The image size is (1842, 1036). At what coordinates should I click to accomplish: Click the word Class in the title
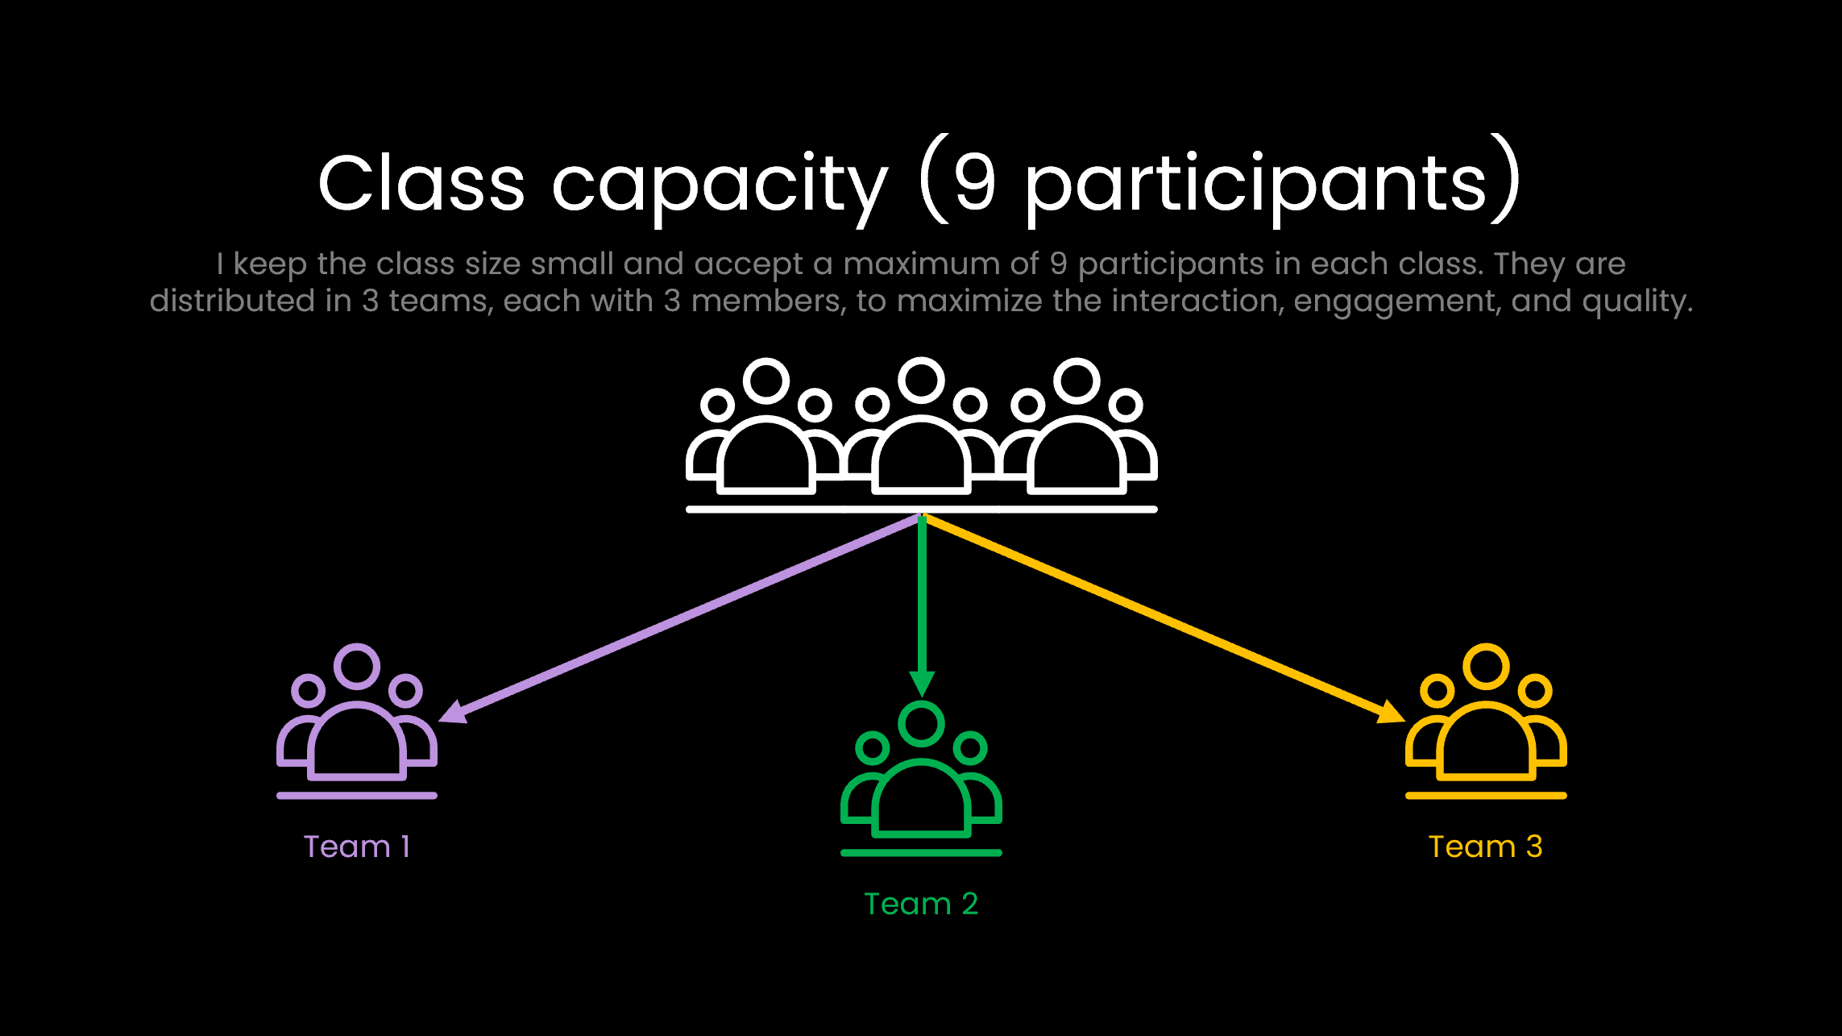(x=421, y=184)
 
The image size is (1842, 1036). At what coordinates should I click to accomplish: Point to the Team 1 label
(x=357, y=847)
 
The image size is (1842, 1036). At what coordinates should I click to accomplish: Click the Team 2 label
(x=921, y=904)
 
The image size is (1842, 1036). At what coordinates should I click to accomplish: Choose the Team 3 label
(x=1485, y=847)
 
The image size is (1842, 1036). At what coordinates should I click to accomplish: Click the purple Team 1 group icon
(x=357, y=726)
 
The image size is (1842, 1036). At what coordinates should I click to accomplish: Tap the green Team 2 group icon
(x=921, y=782)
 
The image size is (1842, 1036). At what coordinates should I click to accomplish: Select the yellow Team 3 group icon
(x=1486, y=726)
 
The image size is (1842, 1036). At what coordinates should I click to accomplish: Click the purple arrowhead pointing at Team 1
(x=453, y=712)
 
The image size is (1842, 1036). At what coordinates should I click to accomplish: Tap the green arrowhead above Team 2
(x=922, y=683)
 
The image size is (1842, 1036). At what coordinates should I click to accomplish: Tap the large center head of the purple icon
(x=357, y=666)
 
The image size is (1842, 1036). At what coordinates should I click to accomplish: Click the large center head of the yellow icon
(x=1486, y=666)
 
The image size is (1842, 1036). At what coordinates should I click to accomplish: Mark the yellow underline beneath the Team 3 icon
(x=1486, y=796)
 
